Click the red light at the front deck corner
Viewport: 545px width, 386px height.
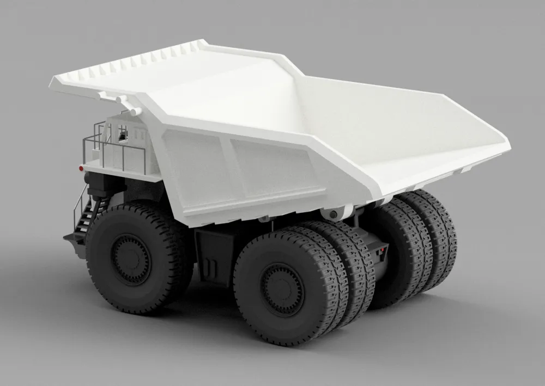81,169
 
